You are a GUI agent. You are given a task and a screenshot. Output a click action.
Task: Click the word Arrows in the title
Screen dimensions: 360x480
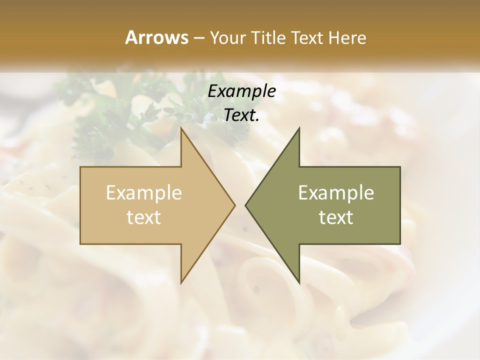[x=156, y=37]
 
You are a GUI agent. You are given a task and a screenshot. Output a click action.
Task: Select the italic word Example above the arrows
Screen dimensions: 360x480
[x=241, y=91]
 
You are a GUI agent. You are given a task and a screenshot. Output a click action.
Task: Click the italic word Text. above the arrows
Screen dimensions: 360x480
[x=240, y=115]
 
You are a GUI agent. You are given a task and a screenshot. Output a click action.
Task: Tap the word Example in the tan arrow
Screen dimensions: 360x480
[x=143, y=192]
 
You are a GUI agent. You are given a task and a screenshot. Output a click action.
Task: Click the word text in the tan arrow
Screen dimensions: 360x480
[x=143, y=217]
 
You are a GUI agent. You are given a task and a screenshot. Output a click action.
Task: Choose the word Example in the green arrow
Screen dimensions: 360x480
[x=336, y=192]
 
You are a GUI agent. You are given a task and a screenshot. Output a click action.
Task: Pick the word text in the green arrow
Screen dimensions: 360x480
[x=336, y=217]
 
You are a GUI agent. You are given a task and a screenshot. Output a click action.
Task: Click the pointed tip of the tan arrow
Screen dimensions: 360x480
[x=234, y=205]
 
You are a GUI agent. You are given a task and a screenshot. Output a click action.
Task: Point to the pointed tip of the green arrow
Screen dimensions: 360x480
[x=245, y=205]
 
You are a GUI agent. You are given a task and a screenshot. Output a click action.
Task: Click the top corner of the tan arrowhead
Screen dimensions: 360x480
[x=181, y=128]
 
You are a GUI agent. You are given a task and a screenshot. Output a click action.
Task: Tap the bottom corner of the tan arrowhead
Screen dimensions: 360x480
[x=181, y=282]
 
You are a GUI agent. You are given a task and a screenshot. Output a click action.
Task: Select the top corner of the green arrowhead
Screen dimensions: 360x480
[x=299, y=128]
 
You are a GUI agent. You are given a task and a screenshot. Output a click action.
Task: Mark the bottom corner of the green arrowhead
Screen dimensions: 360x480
[x=299, y=282]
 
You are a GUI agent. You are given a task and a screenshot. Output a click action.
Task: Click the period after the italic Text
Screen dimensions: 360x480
[x=257, y=120]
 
